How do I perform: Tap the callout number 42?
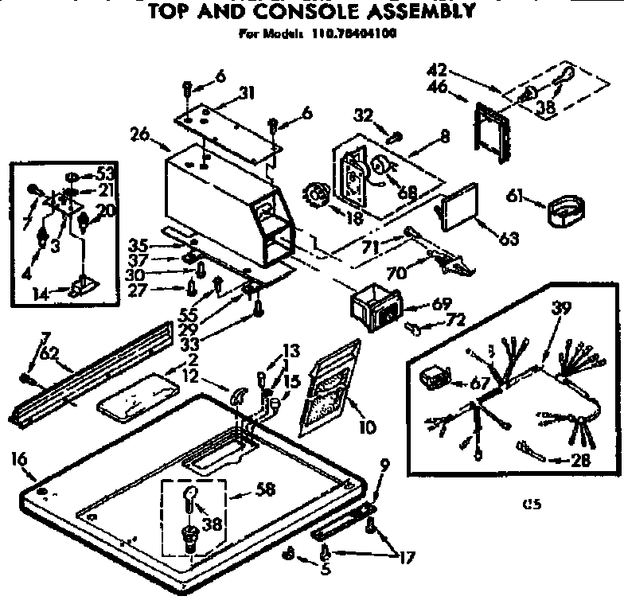[x=436, y=70]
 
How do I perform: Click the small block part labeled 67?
[x=436, y=378]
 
